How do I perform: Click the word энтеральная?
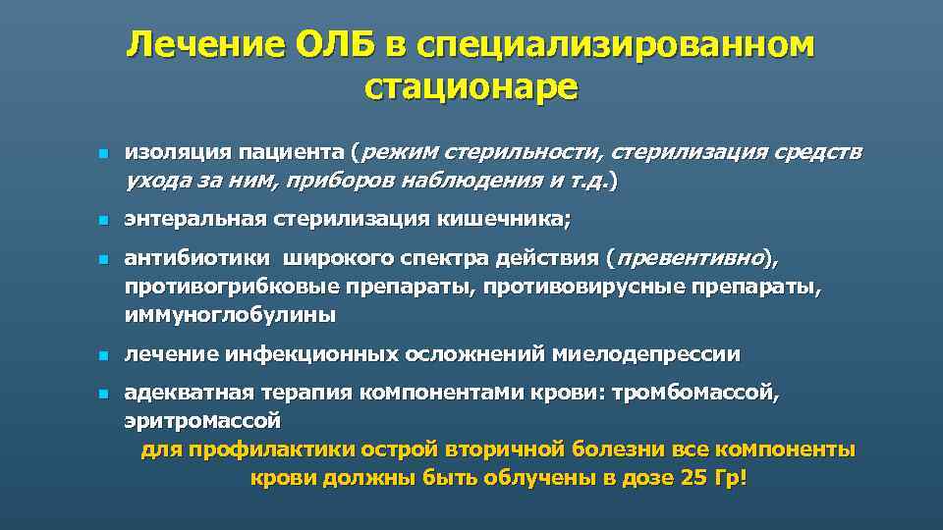point(187,221)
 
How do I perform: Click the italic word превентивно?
point(689,260)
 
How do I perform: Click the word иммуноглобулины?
point(229,316)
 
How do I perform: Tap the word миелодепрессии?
point(646,354)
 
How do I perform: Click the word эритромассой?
point(202,422)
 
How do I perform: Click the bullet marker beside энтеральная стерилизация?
point(101,222)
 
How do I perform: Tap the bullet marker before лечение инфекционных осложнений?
point(101,355)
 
